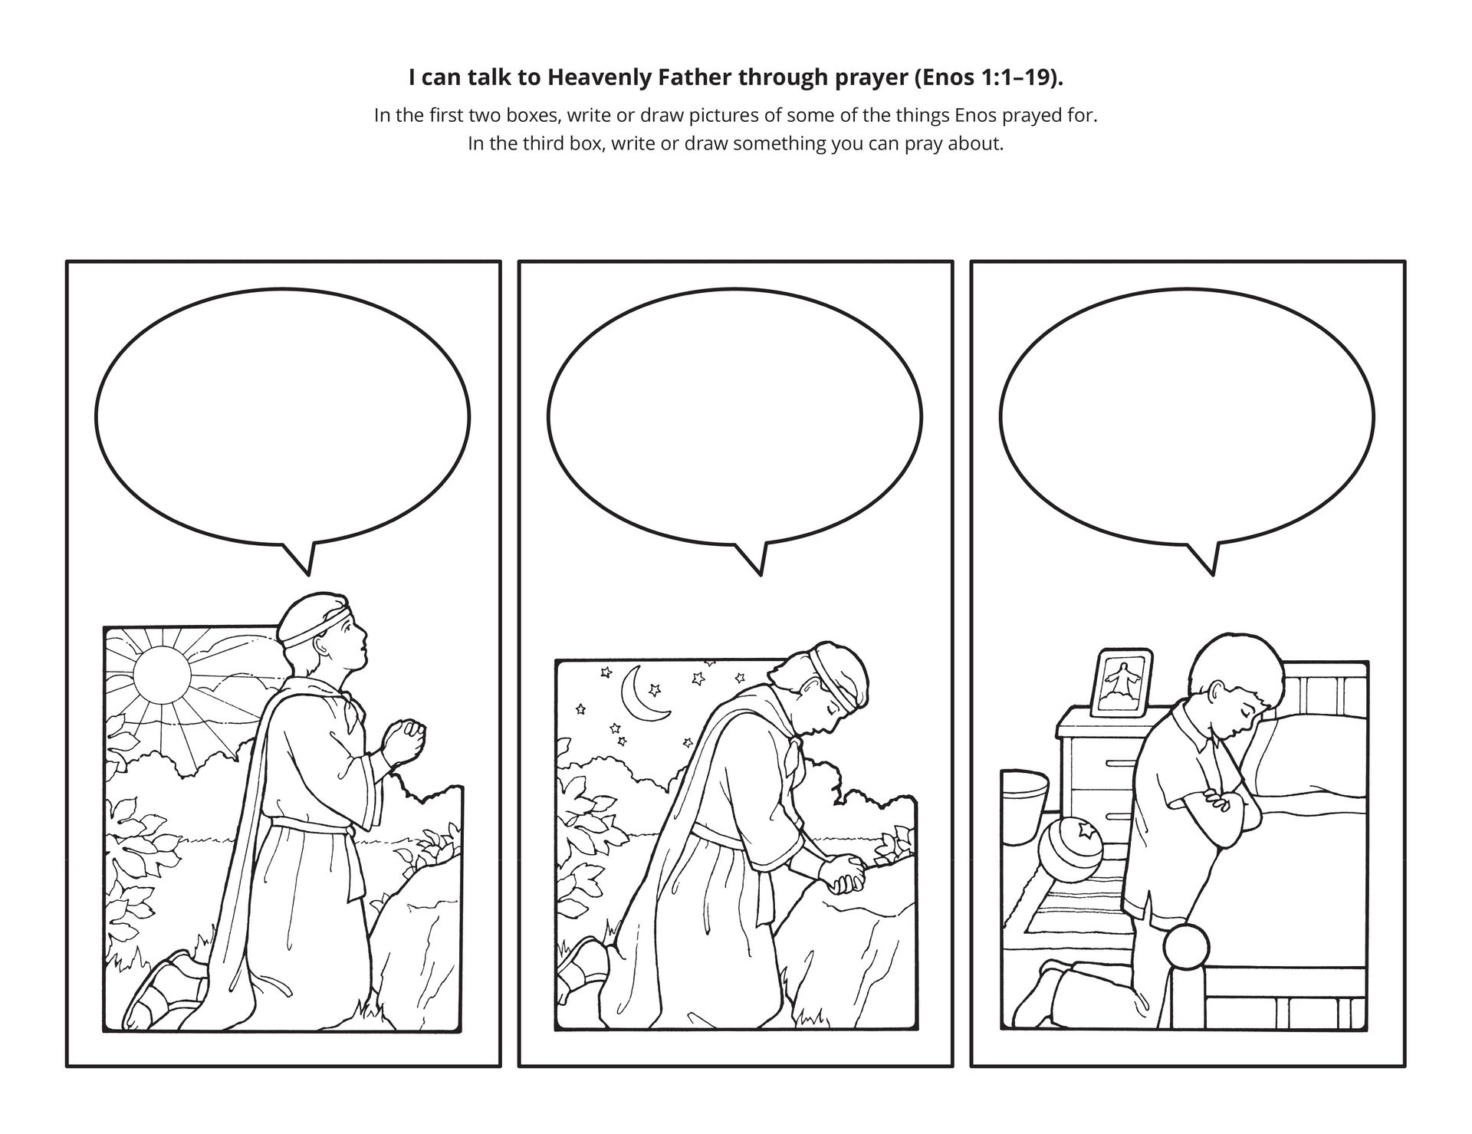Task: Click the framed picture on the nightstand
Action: (1122, 680)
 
